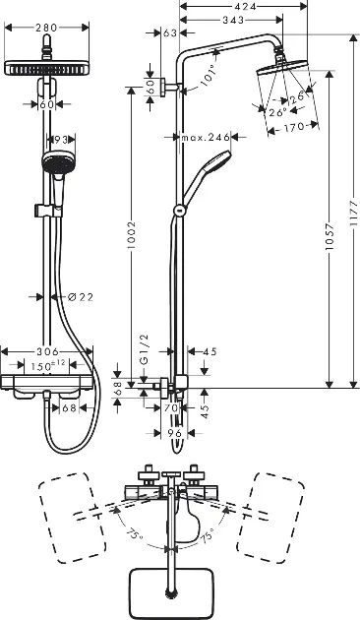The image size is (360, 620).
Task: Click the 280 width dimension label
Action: tap(46, 28)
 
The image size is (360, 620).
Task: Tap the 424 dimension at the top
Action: tap(245, 6)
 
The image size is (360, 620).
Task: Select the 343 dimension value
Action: tap(233, 20)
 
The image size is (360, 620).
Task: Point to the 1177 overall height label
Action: tap(354, 214)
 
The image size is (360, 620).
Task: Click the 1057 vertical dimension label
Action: tap(330, 236)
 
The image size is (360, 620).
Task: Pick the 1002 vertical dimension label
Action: tap(131, 235)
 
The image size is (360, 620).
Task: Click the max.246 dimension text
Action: tap(206, 137)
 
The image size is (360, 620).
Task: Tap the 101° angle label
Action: tap(209, 75)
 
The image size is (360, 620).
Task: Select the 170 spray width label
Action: tap(294, 127)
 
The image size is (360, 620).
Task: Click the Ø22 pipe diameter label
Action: tap(81, 297)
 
